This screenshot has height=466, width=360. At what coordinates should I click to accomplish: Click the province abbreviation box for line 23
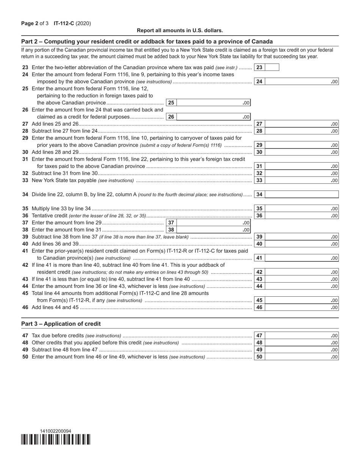pos(272,67)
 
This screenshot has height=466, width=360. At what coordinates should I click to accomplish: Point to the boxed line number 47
pos(259,336)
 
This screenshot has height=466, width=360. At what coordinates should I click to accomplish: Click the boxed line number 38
pos(171,230)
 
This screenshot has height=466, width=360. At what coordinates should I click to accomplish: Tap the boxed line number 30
pos(259,152)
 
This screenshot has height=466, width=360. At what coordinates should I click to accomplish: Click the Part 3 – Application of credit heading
pos(61,324)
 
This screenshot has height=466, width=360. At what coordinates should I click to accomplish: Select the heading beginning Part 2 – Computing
pos(147,42)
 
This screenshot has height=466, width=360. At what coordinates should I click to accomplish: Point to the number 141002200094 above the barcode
pos(56,431)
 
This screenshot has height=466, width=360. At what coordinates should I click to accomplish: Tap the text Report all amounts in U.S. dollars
pos(180,30)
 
